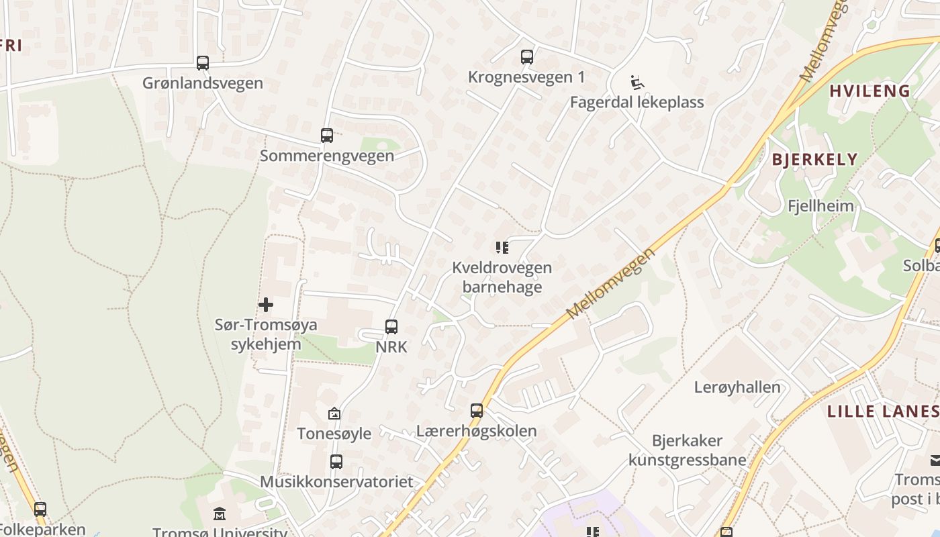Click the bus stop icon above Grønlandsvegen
pyautogui.click(x=203, y=63)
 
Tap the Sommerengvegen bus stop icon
pyautogui.click(x=327, y=136)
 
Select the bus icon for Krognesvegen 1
pyautogui.click(x=527, y=57)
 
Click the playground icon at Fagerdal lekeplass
pyautogui.click(x=637, y=83)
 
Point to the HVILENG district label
pyautogui.click(x=869, y=91)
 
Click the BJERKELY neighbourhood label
pyautogui.click(x=814, y=159)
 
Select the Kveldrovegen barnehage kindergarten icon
pyautogui.click(x=502, y=248)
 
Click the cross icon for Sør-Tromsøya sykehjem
pyautogui.click(x=266, y=305)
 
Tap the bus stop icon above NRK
pyautogui.click(x=391, y=327)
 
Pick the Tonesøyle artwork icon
pyautogui.click(x=334, y=413)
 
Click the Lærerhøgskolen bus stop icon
pyautogui.click(x=477, y=411)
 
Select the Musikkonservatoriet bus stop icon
pyautogui.click(x=336, y=462)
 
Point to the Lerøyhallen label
pyautogui.click(x=737, y=387)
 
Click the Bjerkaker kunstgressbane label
pyautogui.click(x=688, y=450)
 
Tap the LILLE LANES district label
pyautogui.click(x=882, y=411)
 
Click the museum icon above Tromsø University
pyautogui.click(x=220, y=515)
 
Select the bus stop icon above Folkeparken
pyautogui.click(x=40, y=509)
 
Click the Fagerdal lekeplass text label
pyautogui.click(x=637, y=102)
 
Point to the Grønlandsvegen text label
pyautogui.click(x=203, y=83)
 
